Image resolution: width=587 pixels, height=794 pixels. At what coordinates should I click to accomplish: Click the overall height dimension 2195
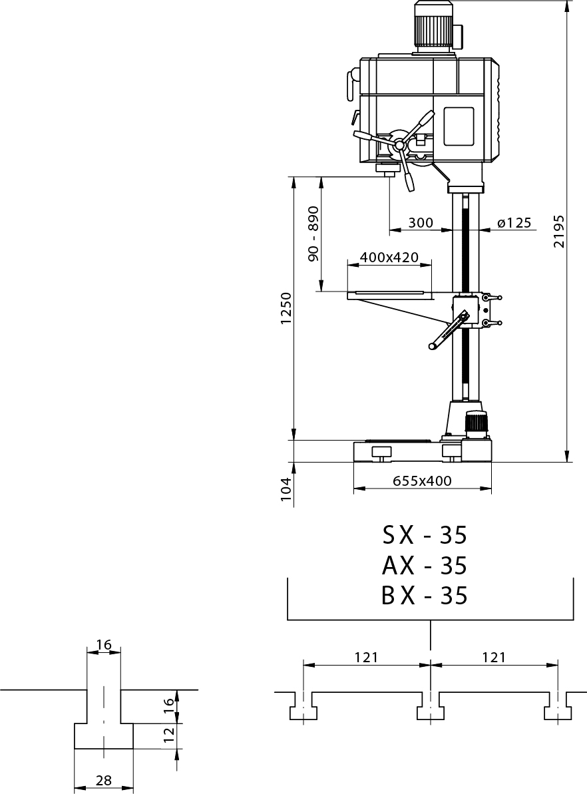558,231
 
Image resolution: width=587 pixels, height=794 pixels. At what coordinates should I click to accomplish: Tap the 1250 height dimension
287,308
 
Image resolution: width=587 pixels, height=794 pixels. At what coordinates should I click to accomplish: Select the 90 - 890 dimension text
313,234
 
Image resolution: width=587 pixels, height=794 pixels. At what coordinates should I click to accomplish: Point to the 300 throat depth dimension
421,223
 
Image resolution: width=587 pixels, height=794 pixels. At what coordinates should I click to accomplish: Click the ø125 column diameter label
514,223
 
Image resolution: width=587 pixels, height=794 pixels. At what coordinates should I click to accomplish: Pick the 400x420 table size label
389,258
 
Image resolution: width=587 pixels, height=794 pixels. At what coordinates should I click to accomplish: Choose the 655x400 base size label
422,481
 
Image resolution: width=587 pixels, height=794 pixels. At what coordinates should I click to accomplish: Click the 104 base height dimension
287,489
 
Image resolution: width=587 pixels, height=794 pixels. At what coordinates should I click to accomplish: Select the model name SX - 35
425,536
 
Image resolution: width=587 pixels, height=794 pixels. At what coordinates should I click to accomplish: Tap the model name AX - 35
425,566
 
